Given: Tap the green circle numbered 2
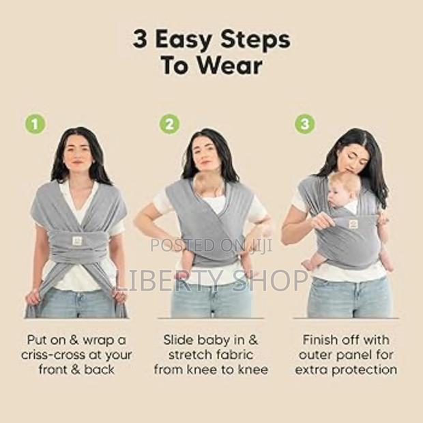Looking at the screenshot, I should click(x=170, y=124).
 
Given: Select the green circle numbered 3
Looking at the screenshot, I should click(x=305, y=124).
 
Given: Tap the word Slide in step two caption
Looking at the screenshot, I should click(x=179, y=339).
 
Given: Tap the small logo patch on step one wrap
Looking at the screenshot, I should click(x=77, y=241).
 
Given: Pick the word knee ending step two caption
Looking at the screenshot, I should click(x=252, y=369).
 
